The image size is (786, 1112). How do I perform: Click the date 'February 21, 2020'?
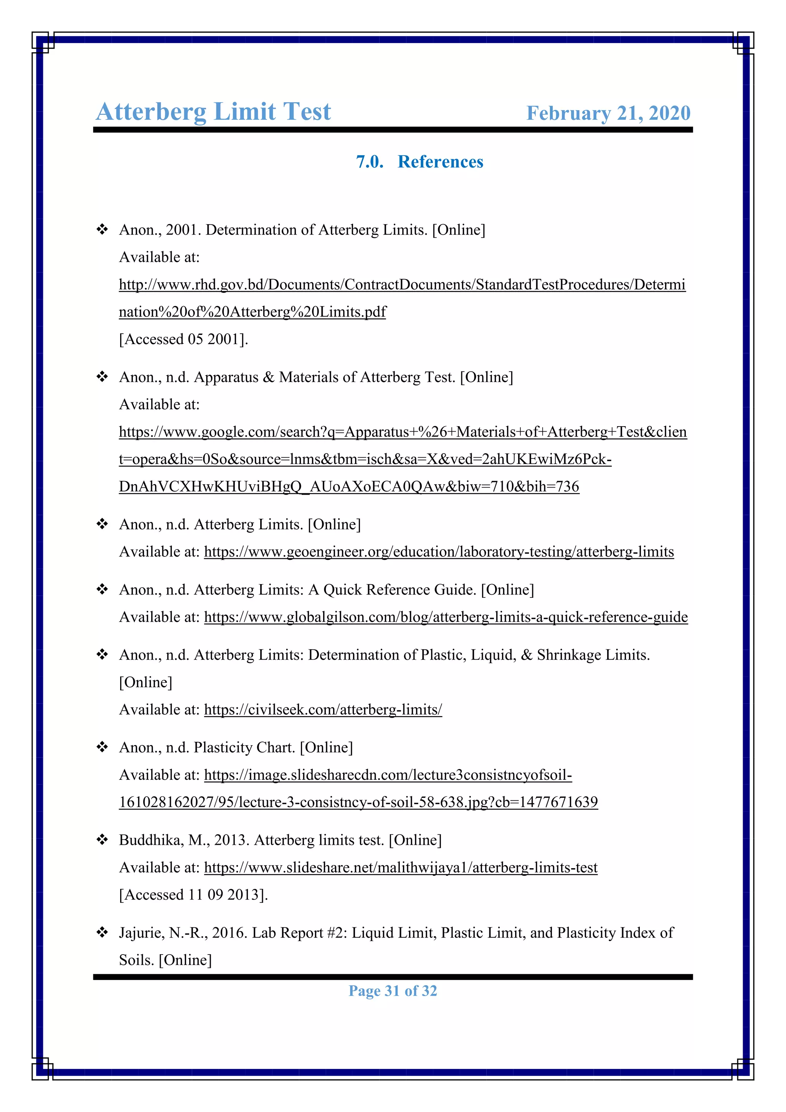608,113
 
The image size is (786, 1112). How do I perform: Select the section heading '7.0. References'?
419,162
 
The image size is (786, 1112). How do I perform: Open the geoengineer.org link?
439,552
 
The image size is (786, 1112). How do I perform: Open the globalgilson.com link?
445,617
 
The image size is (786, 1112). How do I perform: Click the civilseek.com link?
323,710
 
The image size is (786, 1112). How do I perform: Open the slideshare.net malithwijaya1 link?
400,867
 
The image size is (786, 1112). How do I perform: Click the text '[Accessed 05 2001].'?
183,339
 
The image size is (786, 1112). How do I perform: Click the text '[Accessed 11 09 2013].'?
193,895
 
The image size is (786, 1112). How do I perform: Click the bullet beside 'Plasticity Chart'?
102,747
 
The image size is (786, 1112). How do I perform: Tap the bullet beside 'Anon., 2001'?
102,230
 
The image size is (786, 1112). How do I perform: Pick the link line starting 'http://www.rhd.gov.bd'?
402,285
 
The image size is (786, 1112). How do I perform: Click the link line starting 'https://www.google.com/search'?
403,432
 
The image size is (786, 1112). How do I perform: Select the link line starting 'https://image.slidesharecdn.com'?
387,775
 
